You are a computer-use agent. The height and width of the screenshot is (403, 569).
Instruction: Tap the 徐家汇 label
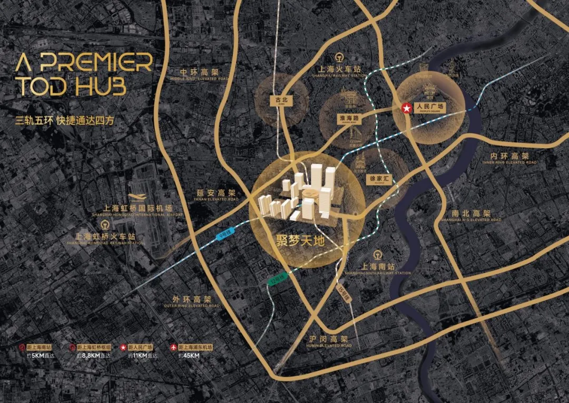click(378, 179)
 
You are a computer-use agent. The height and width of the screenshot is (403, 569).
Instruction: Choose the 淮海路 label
click(348, 119)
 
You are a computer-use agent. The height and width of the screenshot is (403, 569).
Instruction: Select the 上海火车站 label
click(340, 69)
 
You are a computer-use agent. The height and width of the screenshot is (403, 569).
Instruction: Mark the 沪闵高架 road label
click(328, 340)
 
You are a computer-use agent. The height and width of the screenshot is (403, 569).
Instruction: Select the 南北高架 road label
click(472, 214)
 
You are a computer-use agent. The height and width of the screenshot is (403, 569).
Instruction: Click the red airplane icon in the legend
click(173, 347)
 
